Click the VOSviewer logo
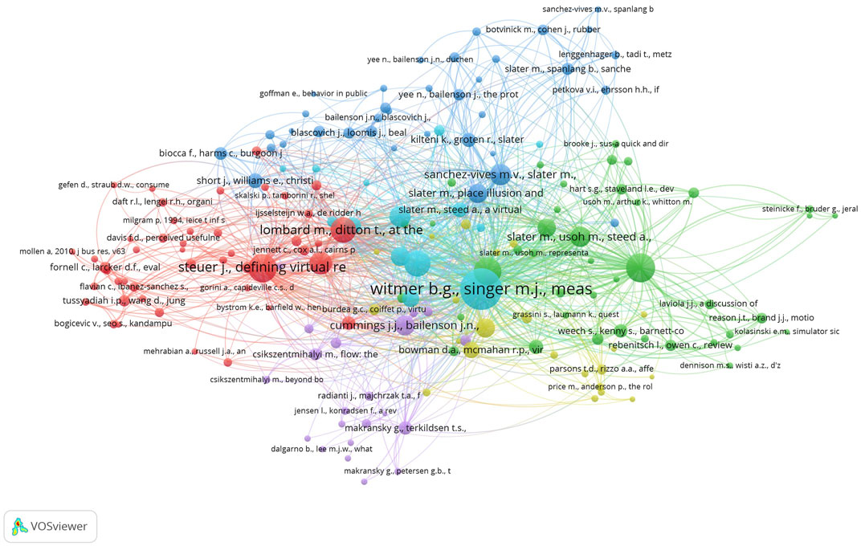click(x=50, y=527)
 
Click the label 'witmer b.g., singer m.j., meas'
click(x=481, y=289)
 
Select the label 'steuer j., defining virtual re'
click(x=261, y=267)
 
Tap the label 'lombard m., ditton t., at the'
click(x=341, y=230)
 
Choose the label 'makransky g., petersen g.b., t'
click(x=409, y=471)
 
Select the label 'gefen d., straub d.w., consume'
click(x=113, y=185)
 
